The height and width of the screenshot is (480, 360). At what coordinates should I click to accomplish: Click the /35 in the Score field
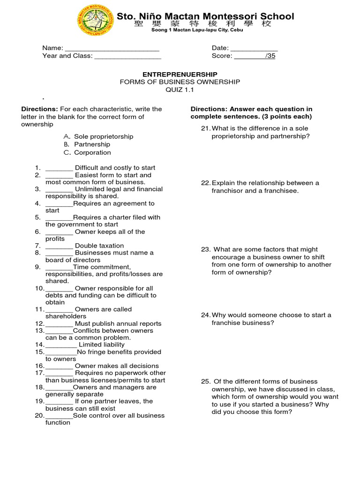click(x=270, y=56)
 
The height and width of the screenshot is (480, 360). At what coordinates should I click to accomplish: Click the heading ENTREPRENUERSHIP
click(x=180, y=74)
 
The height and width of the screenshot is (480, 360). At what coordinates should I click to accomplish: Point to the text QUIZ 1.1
click(x=180, y=90)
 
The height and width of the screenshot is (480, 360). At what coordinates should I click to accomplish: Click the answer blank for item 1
click(x=59, y=168)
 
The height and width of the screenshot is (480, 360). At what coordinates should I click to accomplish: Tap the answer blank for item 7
click(x=59, y=246)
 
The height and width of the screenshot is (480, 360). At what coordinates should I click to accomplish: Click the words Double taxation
click(x=99, y=246)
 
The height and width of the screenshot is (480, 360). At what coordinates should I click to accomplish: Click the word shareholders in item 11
click(x=66, y=316)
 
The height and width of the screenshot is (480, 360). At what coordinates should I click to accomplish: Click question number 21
click(x=205, y=128)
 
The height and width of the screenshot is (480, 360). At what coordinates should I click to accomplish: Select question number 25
click(x=206, y=382)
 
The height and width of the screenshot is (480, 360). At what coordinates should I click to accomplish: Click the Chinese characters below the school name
click(x=202, y=24)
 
